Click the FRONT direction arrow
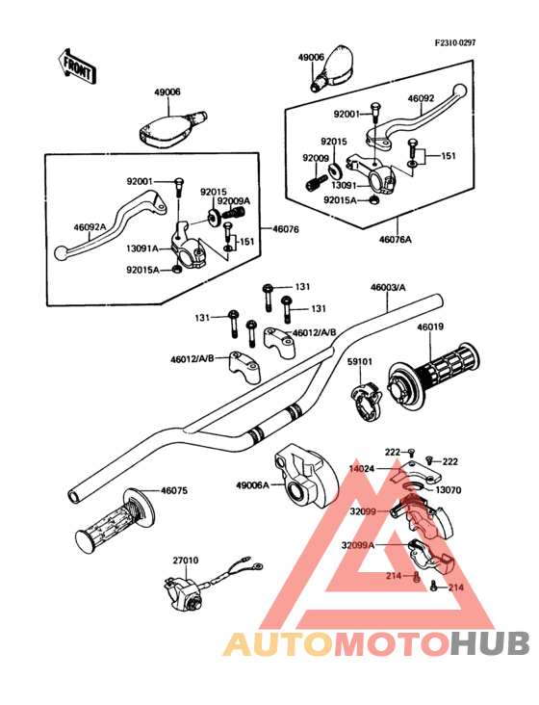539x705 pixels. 75,65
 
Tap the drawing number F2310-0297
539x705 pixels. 455,42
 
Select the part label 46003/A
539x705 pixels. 388,287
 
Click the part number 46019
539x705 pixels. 430,326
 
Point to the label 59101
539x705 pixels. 359,361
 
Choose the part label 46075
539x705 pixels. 174,490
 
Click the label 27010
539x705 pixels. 186,561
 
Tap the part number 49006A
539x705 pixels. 252,485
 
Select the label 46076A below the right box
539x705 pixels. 396,239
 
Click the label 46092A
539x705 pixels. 90,227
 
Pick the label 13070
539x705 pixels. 449,490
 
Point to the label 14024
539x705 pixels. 362,469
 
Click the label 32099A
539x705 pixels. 357,545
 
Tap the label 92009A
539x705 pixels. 234,201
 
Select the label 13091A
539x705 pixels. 141,248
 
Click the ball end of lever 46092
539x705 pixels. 459,90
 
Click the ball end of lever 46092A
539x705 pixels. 60,252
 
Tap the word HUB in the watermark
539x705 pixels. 491,643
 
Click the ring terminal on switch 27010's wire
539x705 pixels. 257,565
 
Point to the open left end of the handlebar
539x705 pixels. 74,496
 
